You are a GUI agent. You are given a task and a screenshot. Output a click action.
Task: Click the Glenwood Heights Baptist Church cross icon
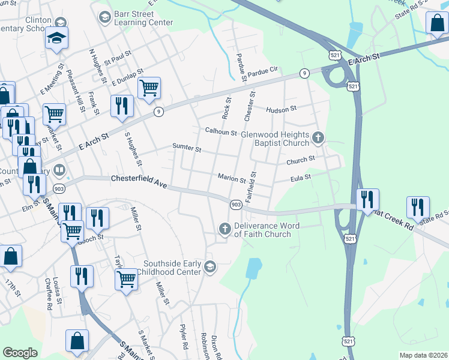pos(318,139)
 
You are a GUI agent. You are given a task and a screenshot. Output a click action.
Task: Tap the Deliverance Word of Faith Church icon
pos(225,229)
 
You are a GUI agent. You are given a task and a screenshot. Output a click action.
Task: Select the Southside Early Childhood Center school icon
pos(209,267)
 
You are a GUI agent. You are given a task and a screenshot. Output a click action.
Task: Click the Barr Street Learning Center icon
pos(104,16)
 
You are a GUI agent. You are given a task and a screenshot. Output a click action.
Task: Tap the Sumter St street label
pos(186,146)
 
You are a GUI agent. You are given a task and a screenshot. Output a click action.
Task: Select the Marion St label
pos(232,179)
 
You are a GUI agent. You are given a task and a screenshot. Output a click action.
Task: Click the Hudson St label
pos(282,109)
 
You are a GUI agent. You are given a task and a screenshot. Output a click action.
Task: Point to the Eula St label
pos(301,178)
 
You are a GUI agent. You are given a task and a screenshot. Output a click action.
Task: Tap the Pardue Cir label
pos(264,70)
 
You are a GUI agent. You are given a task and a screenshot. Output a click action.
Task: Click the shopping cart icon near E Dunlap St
pos(149,88)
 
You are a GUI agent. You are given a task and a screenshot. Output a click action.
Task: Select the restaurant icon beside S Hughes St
pos(122,105)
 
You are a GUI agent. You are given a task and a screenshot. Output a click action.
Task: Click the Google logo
pos(20,352)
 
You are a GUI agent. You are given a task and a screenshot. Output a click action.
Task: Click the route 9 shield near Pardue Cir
pos(306,73)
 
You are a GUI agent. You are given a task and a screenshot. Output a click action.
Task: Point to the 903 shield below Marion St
pos(236,205)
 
